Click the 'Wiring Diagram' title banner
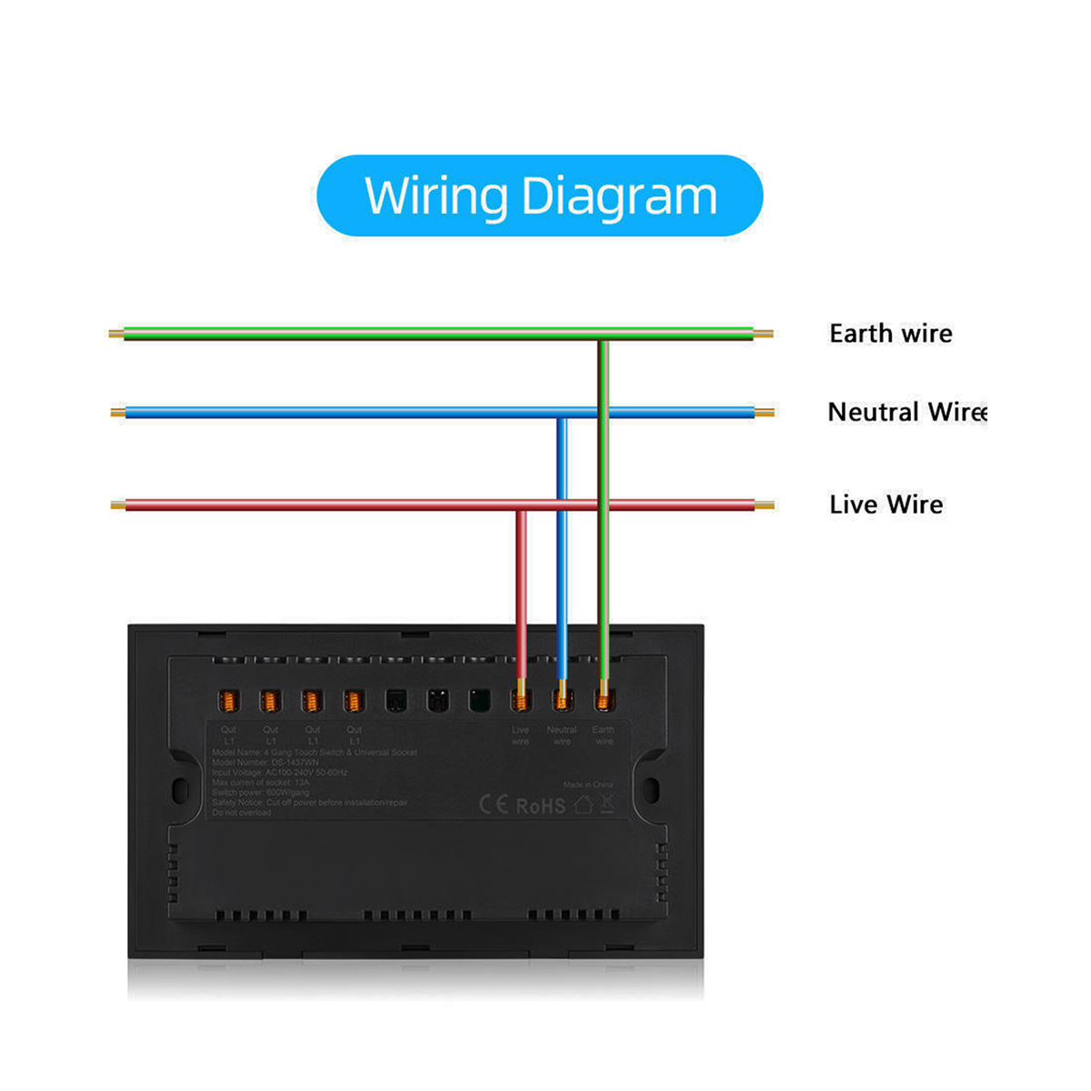[x=540, y=195]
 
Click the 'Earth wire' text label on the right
[x=890, y=334]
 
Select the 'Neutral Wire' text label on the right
[x=906, y=412]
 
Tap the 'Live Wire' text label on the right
[x=886, y=505]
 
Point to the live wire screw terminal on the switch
[x=521, y=701]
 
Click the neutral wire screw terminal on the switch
[x=562, y=701]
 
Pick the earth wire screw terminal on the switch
[x=604, y=701]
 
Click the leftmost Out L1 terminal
[x=229, y=701]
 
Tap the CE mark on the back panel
[x=494, y=805]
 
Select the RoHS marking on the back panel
[x=541, y=806]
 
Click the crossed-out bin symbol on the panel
[x=607, y=804]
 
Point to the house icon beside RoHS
[x=584, y=805]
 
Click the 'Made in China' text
[x=587, y=785]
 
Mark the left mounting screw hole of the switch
[x=180, y=788]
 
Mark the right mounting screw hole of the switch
[x=652, y=788]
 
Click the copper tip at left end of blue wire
[x=116, y=413]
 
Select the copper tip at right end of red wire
[x=766, y=505]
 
